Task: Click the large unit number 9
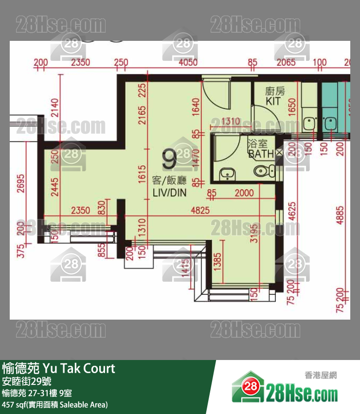[169, 159]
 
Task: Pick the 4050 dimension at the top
[188, 63]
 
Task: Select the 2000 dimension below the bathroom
[244, 193]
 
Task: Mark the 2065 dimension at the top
[286, 63]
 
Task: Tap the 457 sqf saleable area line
[54, 405]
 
